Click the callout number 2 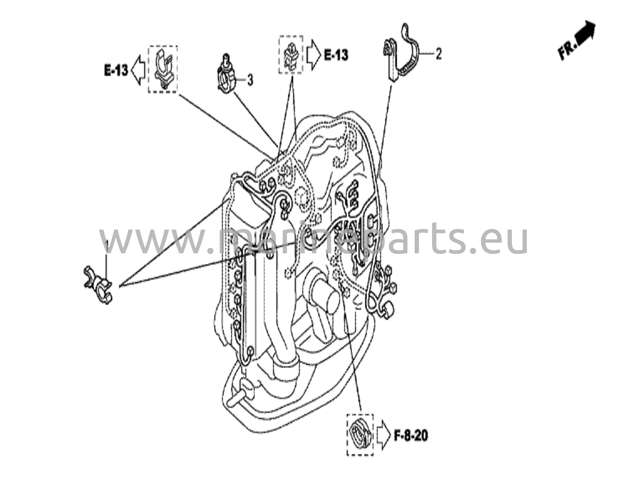click(438, 54)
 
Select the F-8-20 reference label click(411, 436)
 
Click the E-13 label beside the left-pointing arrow click(116, 71)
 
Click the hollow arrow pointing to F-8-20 click(384, 436)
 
